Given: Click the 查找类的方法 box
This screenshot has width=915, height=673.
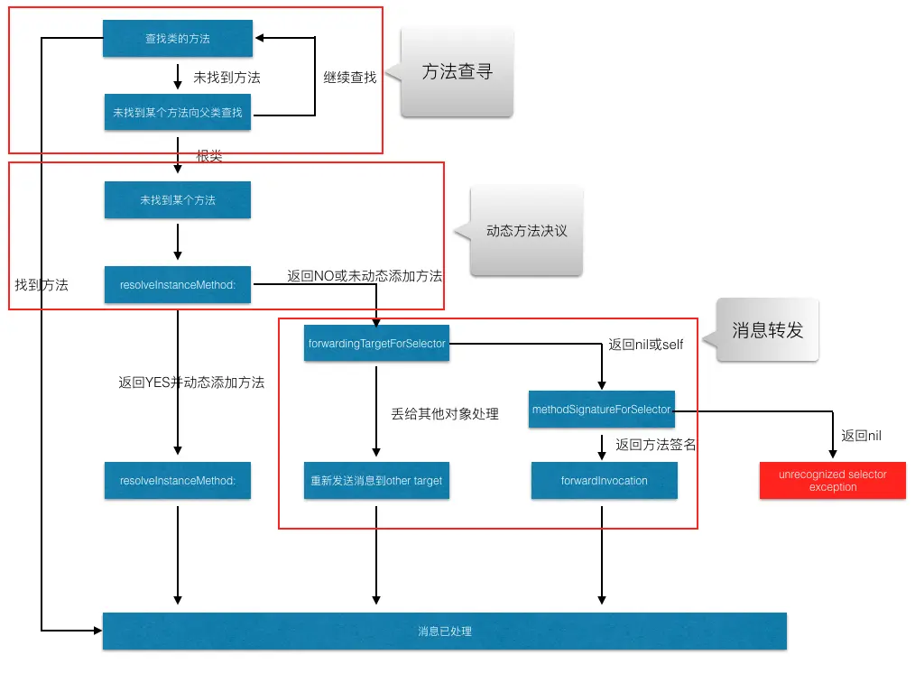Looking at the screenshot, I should pyautogui.click(x=178, y=39).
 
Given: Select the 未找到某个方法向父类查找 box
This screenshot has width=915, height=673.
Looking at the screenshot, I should pyautogui.click(x=178, y=113).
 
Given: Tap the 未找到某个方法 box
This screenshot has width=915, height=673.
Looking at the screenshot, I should pyautogui.click(x=178, y=200).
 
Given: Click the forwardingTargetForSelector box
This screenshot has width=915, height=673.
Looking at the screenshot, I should pyautogui.click(x=376, y=343).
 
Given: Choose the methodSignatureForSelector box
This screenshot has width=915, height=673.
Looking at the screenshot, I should pyautogui.click(x=602, y=410).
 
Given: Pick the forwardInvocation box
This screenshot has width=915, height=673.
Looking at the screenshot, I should pyautogui.click(x=604, y=481).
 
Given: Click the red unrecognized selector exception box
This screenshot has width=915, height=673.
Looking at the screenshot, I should pyautogui.click(x=833, y=481).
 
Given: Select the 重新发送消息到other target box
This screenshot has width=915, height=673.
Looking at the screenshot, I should pyautogui.click(x=376, y=481).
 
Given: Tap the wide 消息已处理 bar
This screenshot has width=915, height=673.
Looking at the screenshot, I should pyautogui.click(x=445, y=632).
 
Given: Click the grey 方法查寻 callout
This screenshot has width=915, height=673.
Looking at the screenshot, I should pyautogui.click(x=457, y=72).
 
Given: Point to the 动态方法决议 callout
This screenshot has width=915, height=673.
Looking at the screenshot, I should pyautogui.click(x=527, y=231).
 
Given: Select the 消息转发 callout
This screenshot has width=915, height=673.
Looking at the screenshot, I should pyautogui.click(x=767, y=330).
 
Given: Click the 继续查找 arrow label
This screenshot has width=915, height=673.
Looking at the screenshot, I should pyautogui.click(x=350, y=78).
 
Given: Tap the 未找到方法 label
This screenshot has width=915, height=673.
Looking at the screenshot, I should pyautogui.click(x=226, y=78).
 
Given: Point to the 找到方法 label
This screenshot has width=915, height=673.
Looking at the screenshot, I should pyautogui.click(x=42, y=284).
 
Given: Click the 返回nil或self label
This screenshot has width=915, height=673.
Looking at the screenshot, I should pyautogui.click(x=646, y=345).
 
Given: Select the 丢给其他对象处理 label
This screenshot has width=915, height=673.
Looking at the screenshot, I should pyautogui.click(x=445, y=413).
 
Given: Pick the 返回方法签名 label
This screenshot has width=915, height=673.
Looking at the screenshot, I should pyautogui.click(x=656, y=444).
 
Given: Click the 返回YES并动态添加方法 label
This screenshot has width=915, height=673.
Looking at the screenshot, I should pyautogui.click(x=191, y=382).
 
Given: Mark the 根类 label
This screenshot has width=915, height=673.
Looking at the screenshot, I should pyautogui.click(x=209, y=156).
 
